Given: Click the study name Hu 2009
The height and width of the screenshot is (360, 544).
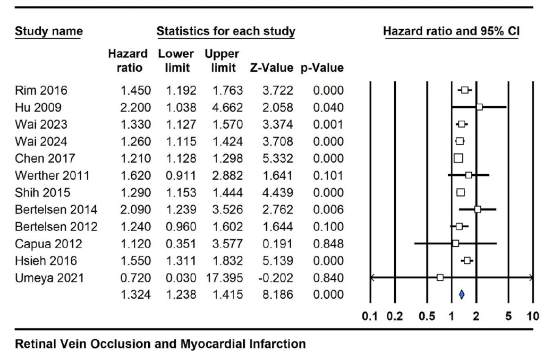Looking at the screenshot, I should point(32,107).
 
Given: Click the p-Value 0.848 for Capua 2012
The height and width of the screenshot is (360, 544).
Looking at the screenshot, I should point(328,243).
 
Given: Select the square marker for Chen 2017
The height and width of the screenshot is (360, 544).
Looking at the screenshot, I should point(458,158).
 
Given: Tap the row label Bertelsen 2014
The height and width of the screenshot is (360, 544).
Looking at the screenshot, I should point(55,209).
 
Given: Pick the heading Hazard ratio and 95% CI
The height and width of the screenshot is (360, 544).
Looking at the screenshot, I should point(451,31).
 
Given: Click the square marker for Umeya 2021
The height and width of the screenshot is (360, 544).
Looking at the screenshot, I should point(440,277).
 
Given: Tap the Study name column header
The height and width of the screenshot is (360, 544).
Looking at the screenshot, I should point(48,31).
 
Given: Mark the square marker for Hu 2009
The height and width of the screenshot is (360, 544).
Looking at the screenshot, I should point(479,107).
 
